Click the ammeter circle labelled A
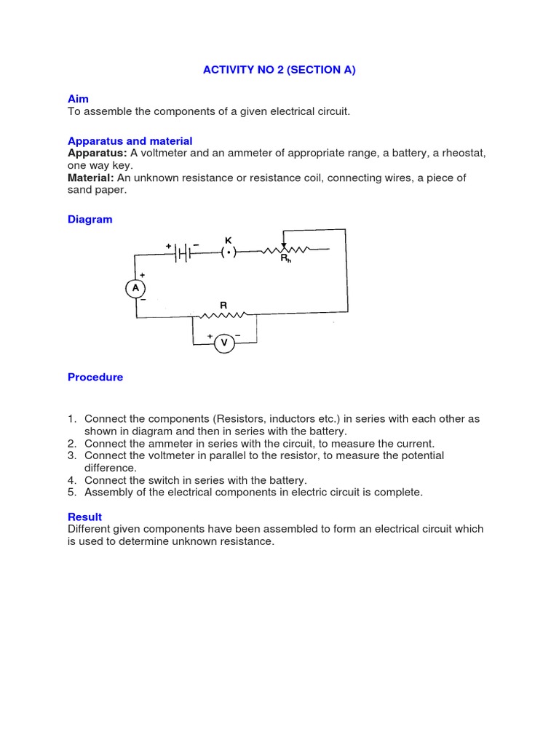(x=135, y=289)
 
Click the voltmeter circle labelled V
(x=224, y=343)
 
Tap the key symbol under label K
(x=229, y=252)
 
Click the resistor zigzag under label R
(x=223, y=316)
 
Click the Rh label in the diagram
(x=286, y=258)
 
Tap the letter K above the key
(x=228, y=239)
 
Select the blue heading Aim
(x=78, y=98)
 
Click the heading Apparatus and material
(x=130, y=140)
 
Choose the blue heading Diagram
(x=90, y=219)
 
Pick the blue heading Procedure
(x=95, y=377)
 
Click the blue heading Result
(x=84, y=517)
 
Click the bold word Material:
(x=91, y=178)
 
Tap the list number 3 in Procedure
(x=72, y=455)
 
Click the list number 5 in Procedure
(x=72, y=493)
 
